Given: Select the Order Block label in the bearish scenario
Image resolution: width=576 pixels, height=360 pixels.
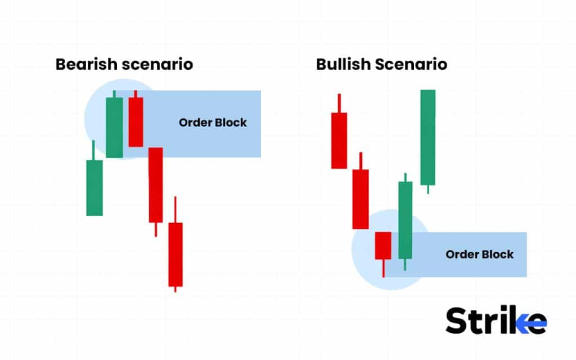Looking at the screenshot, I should pyautogui.click(x=213, y=123).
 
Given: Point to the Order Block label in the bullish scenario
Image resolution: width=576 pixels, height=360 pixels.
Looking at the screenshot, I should pyautogui.click(x=479, y=254).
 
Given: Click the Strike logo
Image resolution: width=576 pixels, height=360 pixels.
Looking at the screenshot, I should pyautogui.click(x=496, y=321).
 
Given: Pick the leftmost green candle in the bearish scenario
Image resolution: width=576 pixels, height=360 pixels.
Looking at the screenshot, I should pyautogui.click(x=94, y=188).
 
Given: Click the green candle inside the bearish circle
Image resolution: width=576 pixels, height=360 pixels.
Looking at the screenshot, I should pyautogui.click(x=114, y=127).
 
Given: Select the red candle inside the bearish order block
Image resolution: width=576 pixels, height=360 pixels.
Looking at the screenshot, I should pyautogui.click(x=136, y=122).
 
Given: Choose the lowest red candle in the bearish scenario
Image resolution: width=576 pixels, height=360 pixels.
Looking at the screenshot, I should pyautogui.click(x=175, y=254).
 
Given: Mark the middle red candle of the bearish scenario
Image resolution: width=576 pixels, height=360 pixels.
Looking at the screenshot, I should pyautogui.click(x=156, y=184).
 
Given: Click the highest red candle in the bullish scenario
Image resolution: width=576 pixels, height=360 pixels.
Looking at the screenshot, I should pyautogui.click(x=339, y=140).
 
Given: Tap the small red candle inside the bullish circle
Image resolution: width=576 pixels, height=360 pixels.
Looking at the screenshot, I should pyautogui.click(x=383, y=245).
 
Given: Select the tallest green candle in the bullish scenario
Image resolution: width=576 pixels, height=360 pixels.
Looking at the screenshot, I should pyautogui.click(x=428, y=137).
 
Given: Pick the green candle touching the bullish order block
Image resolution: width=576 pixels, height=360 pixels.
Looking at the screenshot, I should pyautogui.click(x=405, y=220).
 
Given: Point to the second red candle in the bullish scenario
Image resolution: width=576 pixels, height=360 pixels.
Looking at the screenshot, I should pyautogui.click(x=361, y=199).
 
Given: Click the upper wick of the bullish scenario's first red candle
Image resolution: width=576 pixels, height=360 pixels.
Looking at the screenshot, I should pyautogui.click(x=339, y=103).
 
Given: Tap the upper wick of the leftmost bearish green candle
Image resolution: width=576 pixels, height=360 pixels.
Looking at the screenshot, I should pyautogui.click(x=93, y=150).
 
